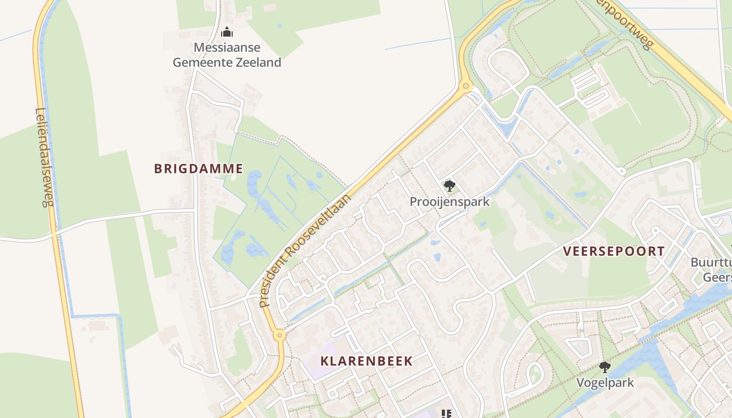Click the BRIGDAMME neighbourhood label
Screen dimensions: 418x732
pos(199,168)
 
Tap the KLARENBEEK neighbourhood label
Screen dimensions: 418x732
pos(366,361)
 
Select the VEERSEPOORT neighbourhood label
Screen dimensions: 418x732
pos(613,251)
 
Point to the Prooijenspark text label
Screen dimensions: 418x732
pos(450,202)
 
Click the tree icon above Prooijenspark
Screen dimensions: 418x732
pos(449,185)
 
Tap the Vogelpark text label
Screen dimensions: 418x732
pos(605,382)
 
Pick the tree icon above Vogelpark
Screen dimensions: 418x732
pos(605,367)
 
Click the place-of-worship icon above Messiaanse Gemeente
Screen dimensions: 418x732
pos(226,32)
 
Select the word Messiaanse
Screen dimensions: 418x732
pos(227,48)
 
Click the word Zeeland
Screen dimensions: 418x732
pos(259,63)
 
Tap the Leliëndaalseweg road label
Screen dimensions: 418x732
pos(44,157)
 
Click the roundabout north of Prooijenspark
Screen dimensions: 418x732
pos(465,86)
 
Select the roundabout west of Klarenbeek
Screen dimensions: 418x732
pos(280,335)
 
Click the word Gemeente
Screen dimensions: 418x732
pos(203,63)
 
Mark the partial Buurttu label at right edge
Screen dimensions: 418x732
pos(712,262)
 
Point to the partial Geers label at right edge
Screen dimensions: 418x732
pos(717,277)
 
